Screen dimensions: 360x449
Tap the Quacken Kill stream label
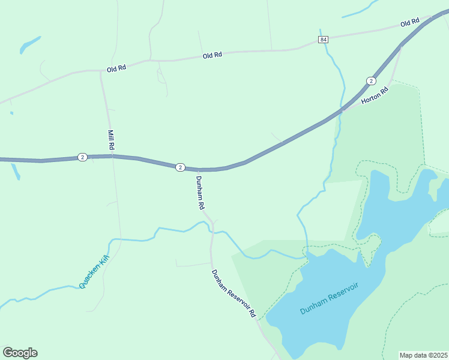(95, 271)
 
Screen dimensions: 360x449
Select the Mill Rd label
(111, 140)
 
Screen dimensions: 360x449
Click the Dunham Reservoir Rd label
(234, 293)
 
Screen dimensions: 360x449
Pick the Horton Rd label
(376, 97)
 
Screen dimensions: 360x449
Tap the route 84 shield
(324, 40)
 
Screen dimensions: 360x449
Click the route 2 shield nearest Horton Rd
(372, 80)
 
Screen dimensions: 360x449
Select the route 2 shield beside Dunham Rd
(180, 167)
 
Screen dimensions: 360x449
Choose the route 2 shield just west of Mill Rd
(82, 157)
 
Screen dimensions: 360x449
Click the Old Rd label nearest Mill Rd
(116, 69)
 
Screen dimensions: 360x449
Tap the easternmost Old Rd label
(409, 23)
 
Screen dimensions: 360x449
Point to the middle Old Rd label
(212, 55)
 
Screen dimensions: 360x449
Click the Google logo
(20, 352)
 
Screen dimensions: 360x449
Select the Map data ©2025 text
(424, 355)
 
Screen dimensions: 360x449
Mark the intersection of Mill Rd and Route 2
(110, 156)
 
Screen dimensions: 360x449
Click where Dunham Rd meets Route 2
(196, 170)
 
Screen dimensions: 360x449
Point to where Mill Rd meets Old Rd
(101, 70)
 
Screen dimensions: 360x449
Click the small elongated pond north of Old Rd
(29, 45)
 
